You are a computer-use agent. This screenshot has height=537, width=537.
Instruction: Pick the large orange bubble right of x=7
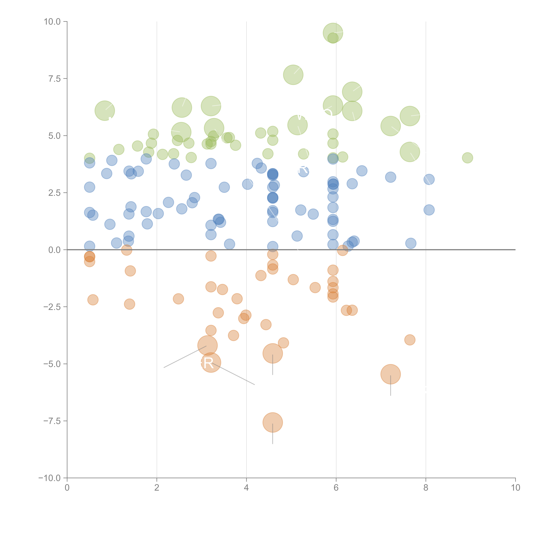[391, 374]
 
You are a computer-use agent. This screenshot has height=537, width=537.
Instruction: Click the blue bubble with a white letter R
[304, 171]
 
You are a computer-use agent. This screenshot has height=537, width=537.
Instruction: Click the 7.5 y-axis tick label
[54, 79]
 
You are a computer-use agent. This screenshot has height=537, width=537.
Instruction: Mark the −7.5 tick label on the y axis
[52, 421]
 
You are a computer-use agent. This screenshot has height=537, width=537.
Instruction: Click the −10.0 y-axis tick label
[50, 478]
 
